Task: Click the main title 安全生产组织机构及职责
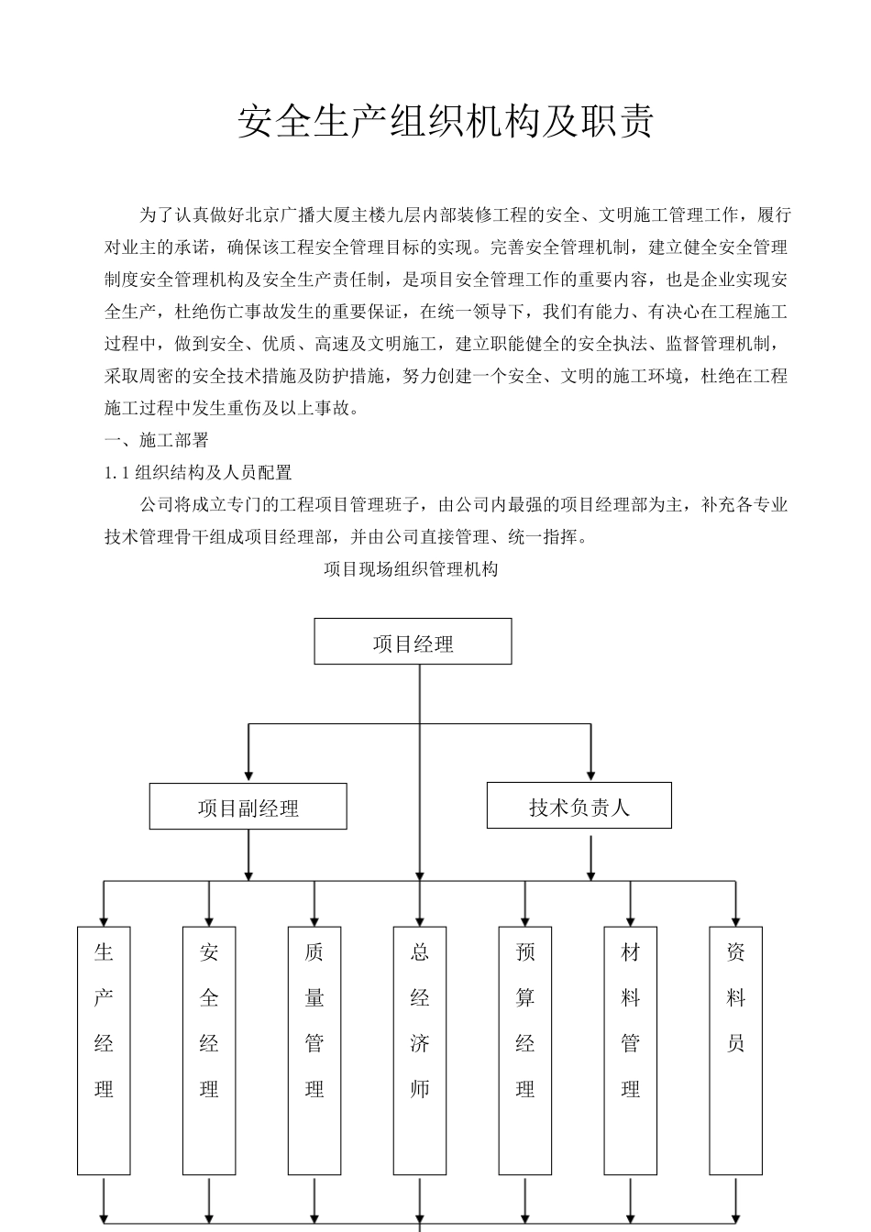point(446,121)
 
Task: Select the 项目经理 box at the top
point(413,642)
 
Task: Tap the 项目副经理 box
point(248,807)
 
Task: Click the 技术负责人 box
point(579,806)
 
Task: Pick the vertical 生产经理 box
point(104,1050)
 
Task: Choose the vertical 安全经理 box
point(209,1050)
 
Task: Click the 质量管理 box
point(314,1050)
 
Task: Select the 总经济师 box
point(420,1050)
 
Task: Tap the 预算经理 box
point(525,1050)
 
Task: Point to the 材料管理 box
point(631,1050)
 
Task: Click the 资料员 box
point(736,1050)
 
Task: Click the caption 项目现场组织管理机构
point(411,569)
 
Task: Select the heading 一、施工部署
point(157,440)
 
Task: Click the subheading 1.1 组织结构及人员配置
point(198,473)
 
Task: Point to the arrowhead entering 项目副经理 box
point(248,775)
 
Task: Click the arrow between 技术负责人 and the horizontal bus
point(591,857)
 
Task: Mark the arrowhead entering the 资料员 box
point(736,918)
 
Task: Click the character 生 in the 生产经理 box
point(104,952)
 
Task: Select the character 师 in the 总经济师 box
point(420,1089)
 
